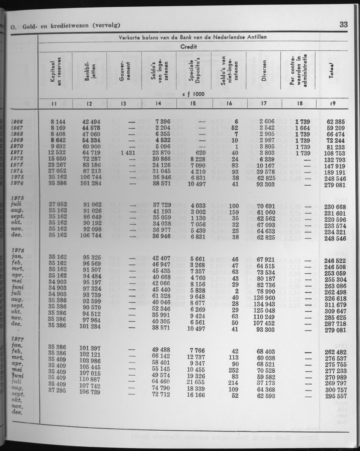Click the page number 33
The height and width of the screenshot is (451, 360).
click(343, 25)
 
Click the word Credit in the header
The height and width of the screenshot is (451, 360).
click(193, 47)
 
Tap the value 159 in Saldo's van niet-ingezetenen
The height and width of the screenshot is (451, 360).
click(232, 212)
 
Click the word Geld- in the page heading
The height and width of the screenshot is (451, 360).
click(29, 26)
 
